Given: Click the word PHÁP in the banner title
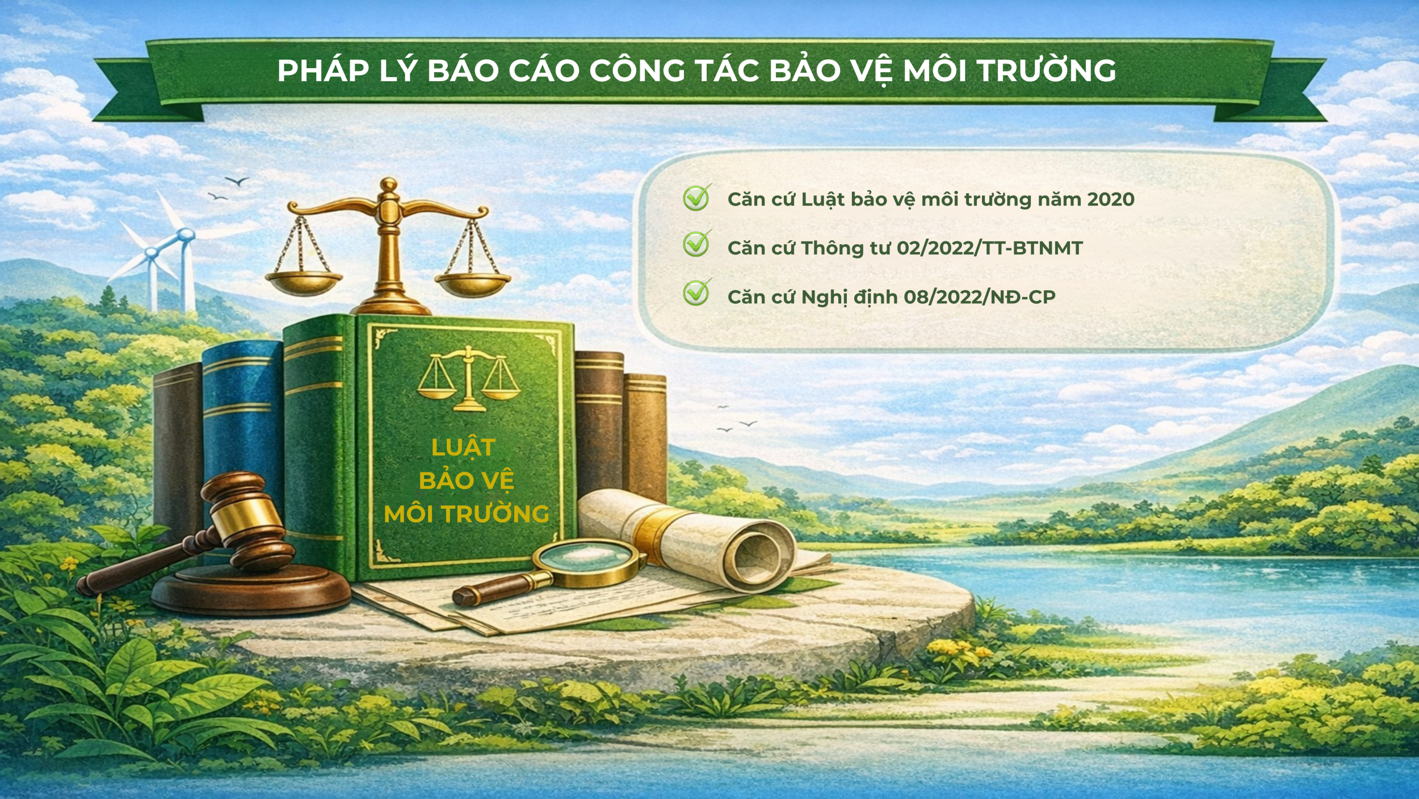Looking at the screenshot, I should point(323,71).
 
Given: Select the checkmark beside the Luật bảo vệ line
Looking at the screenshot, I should point(696,198).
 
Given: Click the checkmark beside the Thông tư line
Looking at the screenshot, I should point(696,244).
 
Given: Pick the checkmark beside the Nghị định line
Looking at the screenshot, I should point(696,293).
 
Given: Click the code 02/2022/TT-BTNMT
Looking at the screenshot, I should point(990,248).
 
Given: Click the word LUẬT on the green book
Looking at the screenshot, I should point(464,447).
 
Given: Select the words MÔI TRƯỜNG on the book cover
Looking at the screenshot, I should point(467,514).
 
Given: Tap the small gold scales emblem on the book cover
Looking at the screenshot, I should point(468,378).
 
